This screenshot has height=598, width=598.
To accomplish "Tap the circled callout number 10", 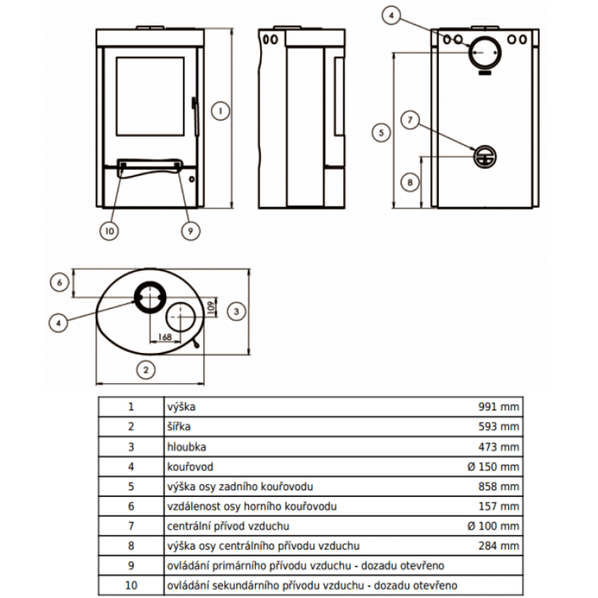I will click(110, 231).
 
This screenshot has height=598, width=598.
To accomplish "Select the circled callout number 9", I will click(190, 231).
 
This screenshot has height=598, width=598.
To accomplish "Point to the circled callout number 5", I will click(380, 132).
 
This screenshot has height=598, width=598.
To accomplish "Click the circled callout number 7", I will click(410, 119).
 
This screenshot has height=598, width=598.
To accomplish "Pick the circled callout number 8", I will click(408, 182).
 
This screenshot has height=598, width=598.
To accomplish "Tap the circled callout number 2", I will click(147, 369).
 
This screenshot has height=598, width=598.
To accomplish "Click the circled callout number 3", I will click(235, 309).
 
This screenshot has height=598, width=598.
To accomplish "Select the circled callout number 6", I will click(64, 282).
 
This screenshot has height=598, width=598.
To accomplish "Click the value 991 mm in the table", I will click(499, 407).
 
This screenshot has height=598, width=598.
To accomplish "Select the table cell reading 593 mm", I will click(499, 428).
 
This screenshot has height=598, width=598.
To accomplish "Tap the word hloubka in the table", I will click(187, 447).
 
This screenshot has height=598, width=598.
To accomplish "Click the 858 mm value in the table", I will click(499, 487).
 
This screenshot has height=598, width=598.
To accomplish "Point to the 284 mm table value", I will click(499, 546).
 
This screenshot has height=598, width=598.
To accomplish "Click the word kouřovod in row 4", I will click(191, 467).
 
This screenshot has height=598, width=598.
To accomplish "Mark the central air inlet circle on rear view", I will click(485, 155).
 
